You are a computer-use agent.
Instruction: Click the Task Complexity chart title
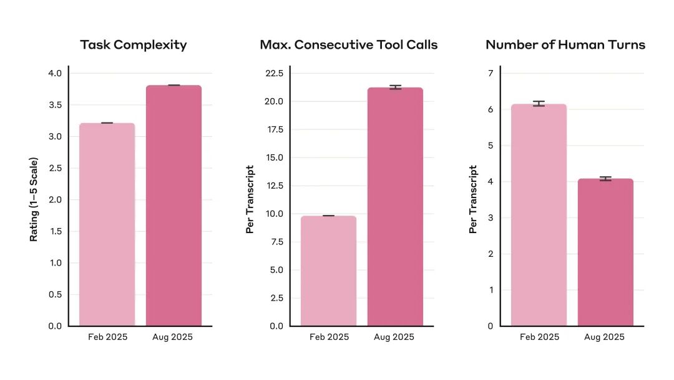pyautogui.click(x=134, y=45)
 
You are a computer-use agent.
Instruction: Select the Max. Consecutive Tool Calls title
pyautogui.click(x=349, y=45)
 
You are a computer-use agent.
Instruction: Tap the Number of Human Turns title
pyautogui.click(x=565, y=45)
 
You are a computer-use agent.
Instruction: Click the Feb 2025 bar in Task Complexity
pyautogui.click(x=107, y=225)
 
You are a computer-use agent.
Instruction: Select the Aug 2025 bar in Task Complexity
pyautogui.click(x=173, y=206)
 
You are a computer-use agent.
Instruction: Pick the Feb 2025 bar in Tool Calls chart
pyautogui.click(x=328, y=271)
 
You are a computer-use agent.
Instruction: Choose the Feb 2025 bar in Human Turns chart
pyautogui.click(x=539, y=216)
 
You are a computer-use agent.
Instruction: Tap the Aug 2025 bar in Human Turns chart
pyautogui.click(x=605, y=252)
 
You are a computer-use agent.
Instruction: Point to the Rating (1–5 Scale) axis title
pyautogui.click(x=34, y=200)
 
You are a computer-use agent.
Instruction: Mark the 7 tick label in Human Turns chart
pyautogui.click(x=491, y=73)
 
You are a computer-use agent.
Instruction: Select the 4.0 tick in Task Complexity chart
pyautogui.click(x=55, y=73)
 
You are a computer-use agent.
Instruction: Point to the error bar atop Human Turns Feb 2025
pyautogui.click(x=539, y=104)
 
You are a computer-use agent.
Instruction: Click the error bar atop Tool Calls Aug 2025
pyautogui.click(x=395, y=87)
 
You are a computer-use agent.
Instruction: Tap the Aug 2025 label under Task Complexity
pyautogui.click(x=173, y=337)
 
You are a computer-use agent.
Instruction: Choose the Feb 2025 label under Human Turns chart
pyautogui.click(x=539, y=337)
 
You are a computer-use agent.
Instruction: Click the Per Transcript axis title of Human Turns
pyautogui.click(x=473, y=199)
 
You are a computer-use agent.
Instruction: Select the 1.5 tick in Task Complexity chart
pyautogui.click(x=55, y=231)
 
